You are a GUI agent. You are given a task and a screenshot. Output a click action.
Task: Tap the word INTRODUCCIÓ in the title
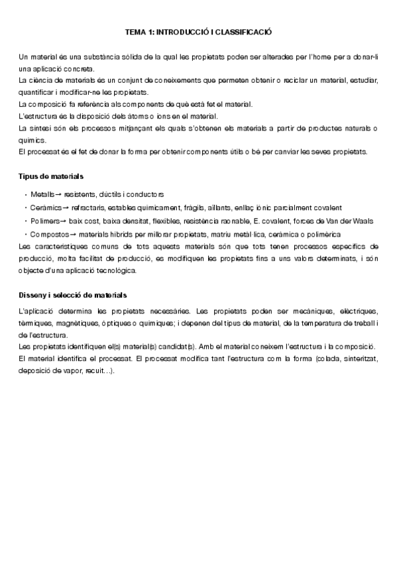coord(185,31)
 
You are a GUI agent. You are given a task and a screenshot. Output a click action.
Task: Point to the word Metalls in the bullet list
coord(42,194)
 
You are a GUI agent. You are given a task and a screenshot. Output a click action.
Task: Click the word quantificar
coord(38,92)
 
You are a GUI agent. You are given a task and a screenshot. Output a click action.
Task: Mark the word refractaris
coord(88,207)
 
